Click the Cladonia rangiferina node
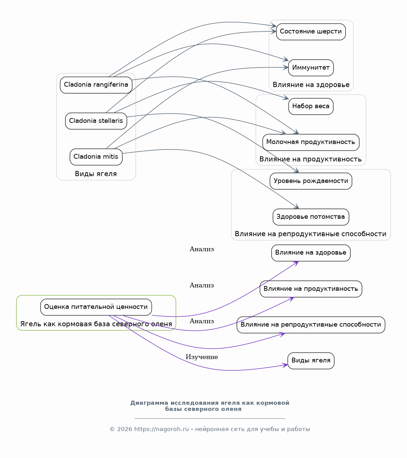point(96,85)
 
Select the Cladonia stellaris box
point(96,121)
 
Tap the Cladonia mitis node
point(96,157)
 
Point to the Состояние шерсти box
point(311,32)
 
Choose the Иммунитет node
point(311,68)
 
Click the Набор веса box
point(311,106)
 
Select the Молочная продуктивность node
point(311,142)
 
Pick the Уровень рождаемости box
point(311,181)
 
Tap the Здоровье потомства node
point(311,217)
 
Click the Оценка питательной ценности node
point(96,307)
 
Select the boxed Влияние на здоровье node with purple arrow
point(311,253)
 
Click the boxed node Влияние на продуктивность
point(311,289)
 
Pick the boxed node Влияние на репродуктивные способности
point(311,325)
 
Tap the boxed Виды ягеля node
point(311,361)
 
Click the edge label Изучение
point(202,357)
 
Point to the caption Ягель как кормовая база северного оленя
point(96,324)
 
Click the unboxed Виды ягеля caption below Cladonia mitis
point(96,174)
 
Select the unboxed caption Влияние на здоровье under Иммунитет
point(311,85)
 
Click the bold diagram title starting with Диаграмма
point(209,406)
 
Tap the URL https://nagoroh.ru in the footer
point(161,429)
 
